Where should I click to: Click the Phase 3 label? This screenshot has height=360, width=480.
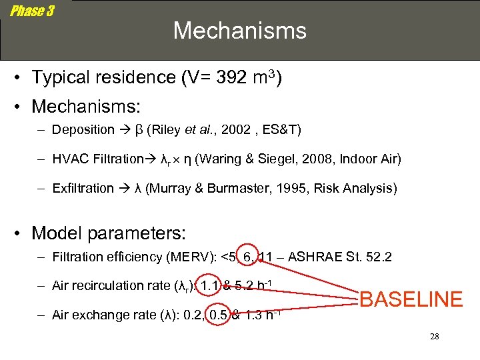point(32,11)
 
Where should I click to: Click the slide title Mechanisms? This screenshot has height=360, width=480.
point(240,31)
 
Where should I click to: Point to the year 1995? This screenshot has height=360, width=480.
point(282,188)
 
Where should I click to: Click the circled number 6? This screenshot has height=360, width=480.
point(246,257)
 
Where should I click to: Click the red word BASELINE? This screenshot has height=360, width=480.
point(411,299)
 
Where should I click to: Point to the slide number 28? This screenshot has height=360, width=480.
point(434,337)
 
